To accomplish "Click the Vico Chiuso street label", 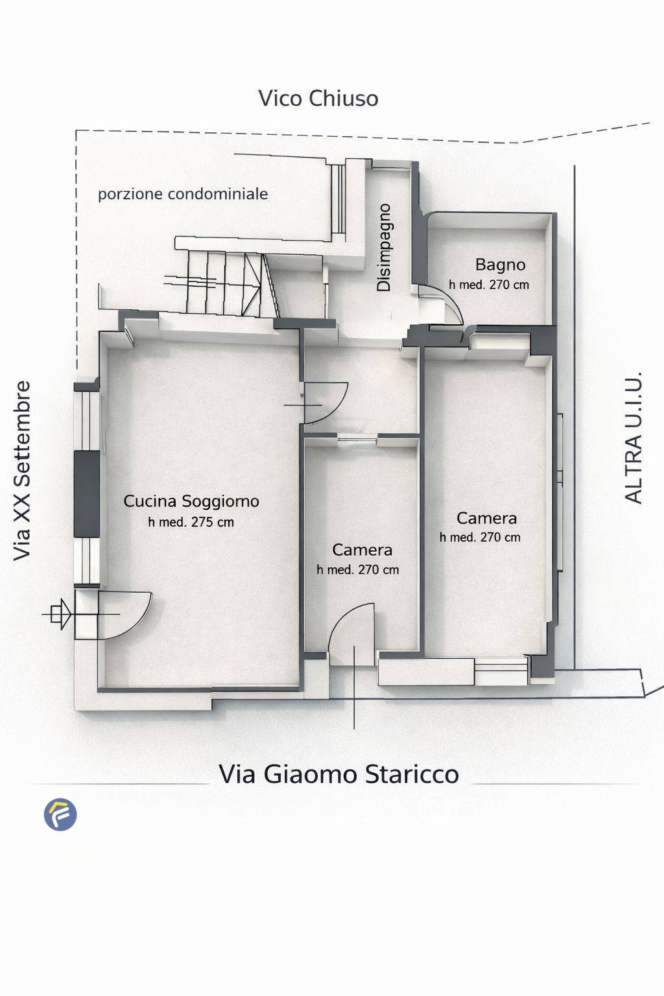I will point(318,99).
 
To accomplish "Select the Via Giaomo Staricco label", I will point(338,774).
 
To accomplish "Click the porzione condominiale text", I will point(183,194).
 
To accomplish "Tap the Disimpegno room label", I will point(385,248).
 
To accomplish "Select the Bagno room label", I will point(500,265).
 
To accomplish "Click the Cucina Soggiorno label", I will point(191,501).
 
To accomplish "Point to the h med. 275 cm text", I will point(191,522).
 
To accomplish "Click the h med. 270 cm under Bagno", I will point(489,285).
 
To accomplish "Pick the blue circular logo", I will point(60,814).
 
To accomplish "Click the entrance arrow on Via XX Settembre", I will point(59,613).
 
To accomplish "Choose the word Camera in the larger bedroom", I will point(486,518).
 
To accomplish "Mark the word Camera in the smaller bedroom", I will point(362,550).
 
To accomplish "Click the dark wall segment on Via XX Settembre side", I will point(86,494).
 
